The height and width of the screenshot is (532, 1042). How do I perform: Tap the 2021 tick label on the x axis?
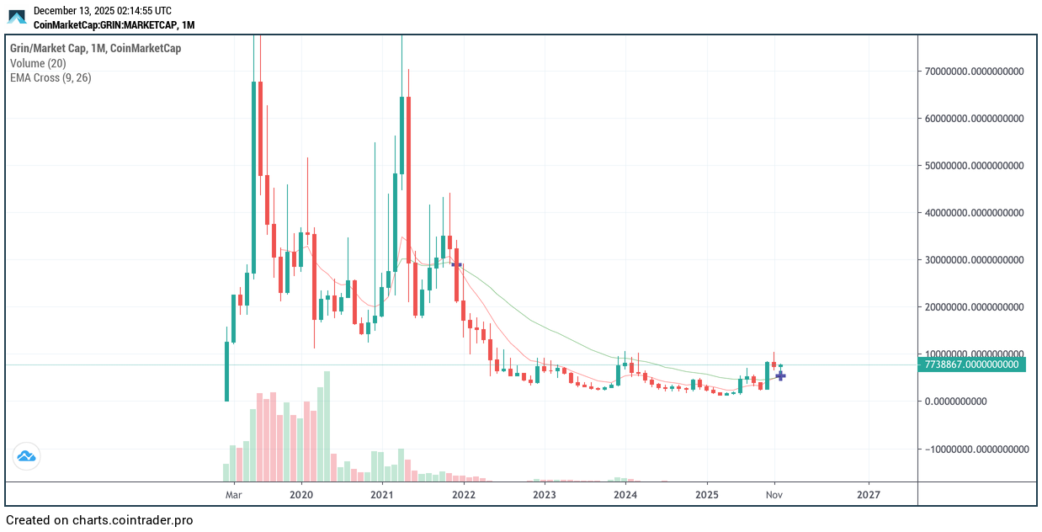382,495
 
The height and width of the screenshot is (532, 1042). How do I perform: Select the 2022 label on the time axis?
464,495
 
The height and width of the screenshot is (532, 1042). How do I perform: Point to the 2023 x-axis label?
545,495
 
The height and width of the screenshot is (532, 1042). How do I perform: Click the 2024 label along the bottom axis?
625,495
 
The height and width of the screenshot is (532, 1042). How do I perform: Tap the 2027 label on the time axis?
869,495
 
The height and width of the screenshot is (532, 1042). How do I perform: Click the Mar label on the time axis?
234,495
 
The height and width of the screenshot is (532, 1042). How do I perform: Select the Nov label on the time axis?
774,495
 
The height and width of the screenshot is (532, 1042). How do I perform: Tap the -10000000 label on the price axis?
976,449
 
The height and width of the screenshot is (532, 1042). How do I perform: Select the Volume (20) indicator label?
38,63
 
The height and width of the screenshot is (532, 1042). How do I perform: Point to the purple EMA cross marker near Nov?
780,375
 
